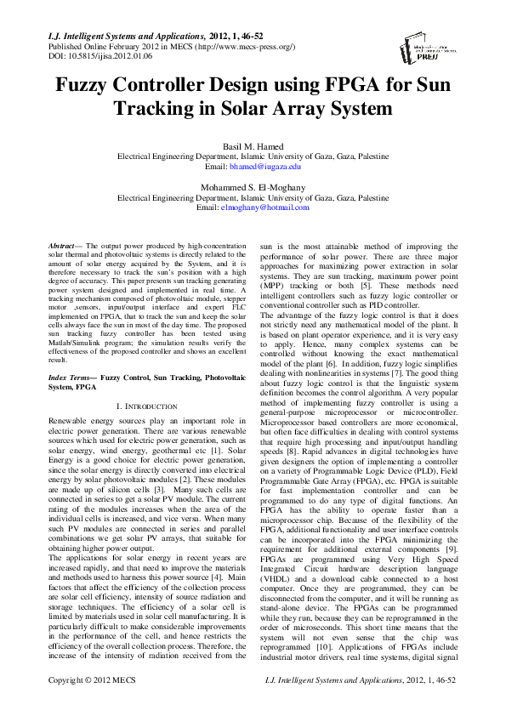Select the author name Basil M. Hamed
tap(253, 146)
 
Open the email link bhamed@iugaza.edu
tap(266, 167)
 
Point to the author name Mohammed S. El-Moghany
tap(253, 187)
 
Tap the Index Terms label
tap(71, 376)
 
